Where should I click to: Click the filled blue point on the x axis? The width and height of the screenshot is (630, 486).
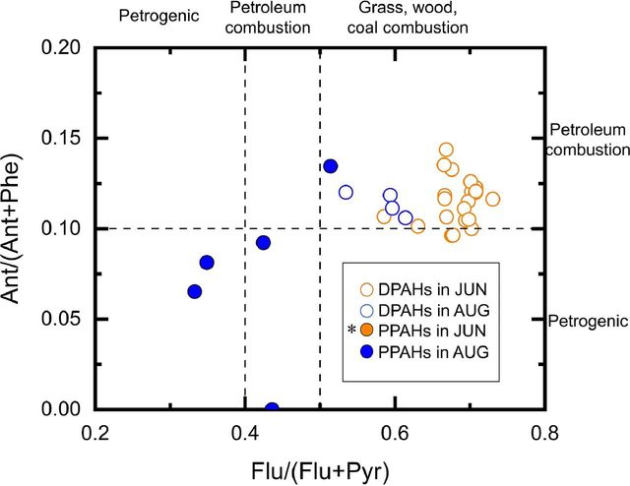click(272, 408)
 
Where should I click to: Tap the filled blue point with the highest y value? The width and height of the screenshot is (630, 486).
click(331, 166)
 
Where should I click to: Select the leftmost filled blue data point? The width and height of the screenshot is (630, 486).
click(195, 291)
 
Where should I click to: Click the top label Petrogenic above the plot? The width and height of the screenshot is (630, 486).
click(154, 17)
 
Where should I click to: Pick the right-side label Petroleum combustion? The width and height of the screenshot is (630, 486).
click(588, 140)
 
